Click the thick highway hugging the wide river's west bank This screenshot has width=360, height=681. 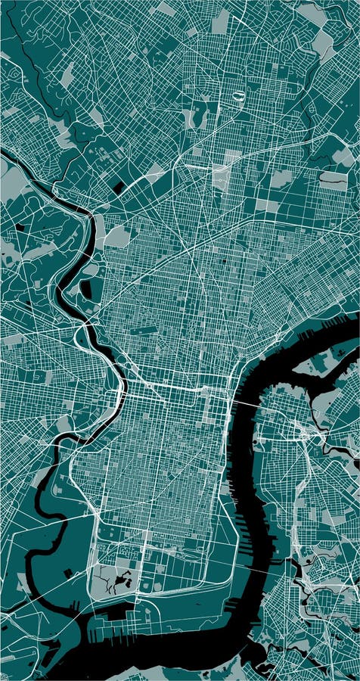[227, 454]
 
